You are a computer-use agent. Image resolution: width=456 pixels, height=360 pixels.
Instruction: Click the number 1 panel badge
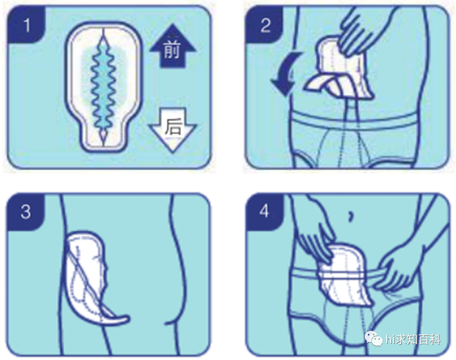point(27,25)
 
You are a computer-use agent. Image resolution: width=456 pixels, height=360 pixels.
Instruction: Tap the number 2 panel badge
point(265,25)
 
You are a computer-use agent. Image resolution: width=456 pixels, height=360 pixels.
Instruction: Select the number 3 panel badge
point(26,212)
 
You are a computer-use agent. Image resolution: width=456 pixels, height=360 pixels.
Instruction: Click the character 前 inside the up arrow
point(172,49)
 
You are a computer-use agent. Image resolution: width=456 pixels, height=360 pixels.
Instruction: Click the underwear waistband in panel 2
point(353,119)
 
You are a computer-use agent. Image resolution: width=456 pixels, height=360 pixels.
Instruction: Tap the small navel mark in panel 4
point(351,216)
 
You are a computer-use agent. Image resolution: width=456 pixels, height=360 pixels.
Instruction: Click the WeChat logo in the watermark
point(374,338)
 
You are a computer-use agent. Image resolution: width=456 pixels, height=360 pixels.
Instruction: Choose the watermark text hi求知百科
point(413,339)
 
